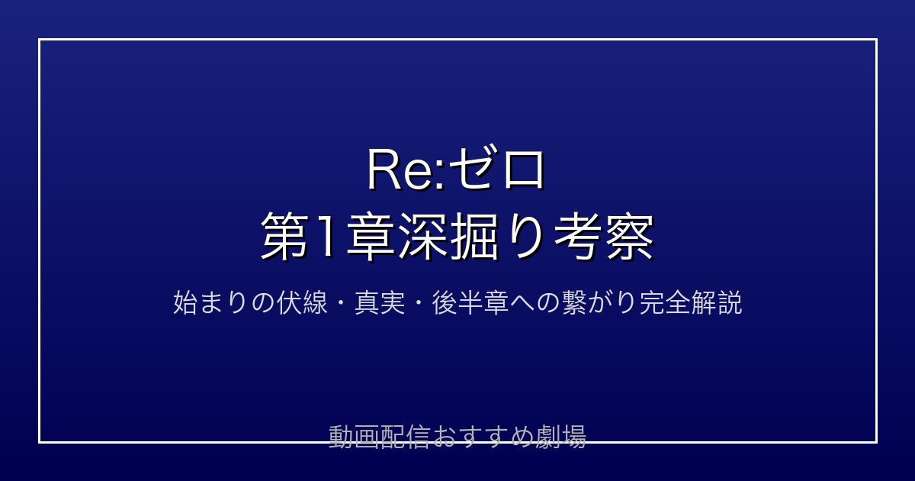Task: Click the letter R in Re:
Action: point(384,169)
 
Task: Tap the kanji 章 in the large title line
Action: point(371,236)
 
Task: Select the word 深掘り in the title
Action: point(470,236)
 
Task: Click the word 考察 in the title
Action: point(605,236)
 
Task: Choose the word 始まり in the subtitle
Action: point(210,302)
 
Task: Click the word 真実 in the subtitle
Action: point(380,302)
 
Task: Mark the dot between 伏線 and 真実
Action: point(341,303)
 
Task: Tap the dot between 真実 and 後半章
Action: point(419,303)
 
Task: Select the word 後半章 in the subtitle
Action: point(470,302)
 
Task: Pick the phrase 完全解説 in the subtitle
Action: point(691,302)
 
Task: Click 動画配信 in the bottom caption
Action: point(380,437)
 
